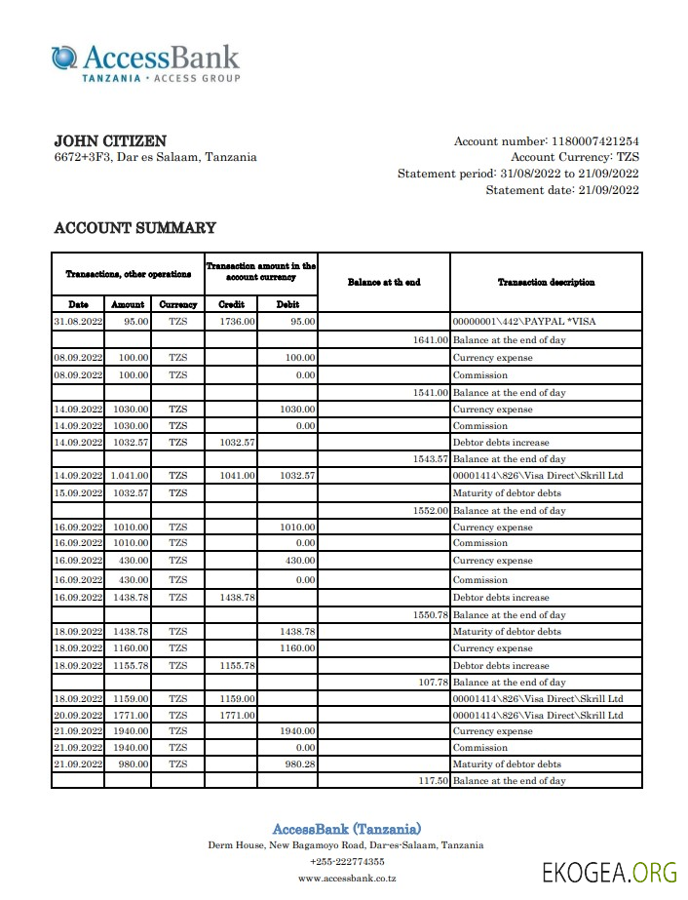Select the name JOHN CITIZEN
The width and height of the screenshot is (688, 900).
click(x=109, y=141)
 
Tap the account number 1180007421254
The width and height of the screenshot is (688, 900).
click(x=594, y=141)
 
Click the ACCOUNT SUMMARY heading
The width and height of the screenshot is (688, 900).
click(x=134, y=228)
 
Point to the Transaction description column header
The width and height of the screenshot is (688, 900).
click(x=546, y=282)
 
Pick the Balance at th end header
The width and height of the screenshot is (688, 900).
click(x=384, y=282)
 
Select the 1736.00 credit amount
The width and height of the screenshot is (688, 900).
click(x=237, y=320)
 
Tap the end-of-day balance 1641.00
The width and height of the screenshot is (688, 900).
click(x=431, y=340)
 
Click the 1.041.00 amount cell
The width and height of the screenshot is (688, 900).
click(x=128, y=476)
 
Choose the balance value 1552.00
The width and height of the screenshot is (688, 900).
click(x=431, y=511)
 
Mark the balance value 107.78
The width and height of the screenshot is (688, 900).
click(x=433, y=683)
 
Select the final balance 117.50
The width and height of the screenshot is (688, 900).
click(x=433, y=781)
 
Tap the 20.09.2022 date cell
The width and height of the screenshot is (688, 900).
click(x=78, y=715)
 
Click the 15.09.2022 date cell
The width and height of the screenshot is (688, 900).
click(x=78, y=493)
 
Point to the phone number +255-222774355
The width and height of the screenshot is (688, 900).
click(x=346, y=862)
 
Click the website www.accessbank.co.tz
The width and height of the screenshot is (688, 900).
click(x=346, y=879)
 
